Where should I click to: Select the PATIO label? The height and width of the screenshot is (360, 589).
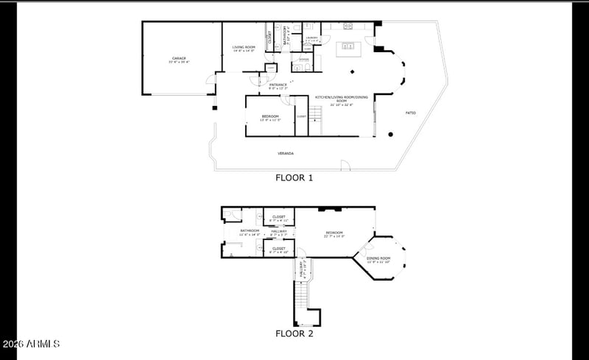tap(410, 113)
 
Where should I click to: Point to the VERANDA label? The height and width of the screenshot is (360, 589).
tap(286, 153)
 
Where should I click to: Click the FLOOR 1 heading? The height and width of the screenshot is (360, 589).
tap(294, 177)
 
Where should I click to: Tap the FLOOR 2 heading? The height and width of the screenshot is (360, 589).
tap(294, 333)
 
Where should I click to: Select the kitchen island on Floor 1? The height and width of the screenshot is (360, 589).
tap(346, 49)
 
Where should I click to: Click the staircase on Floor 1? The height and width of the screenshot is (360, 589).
tap(315, 114)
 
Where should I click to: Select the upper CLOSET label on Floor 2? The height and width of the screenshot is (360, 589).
tap(279, 218)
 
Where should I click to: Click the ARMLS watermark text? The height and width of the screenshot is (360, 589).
tap(32, 345)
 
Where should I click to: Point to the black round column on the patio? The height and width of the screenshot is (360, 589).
tap(390, 134)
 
